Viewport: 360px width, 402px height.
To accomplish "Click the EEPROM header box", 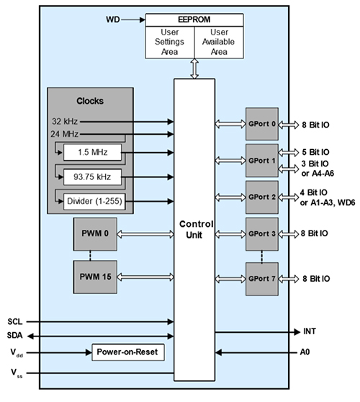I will click(x=195, y=19).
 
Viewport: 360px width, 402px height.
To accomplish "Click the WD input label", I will click(x=114, y=19).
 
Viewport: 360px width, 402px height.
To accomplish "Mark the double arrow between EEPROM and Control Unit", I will click(x=195, y=69).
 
